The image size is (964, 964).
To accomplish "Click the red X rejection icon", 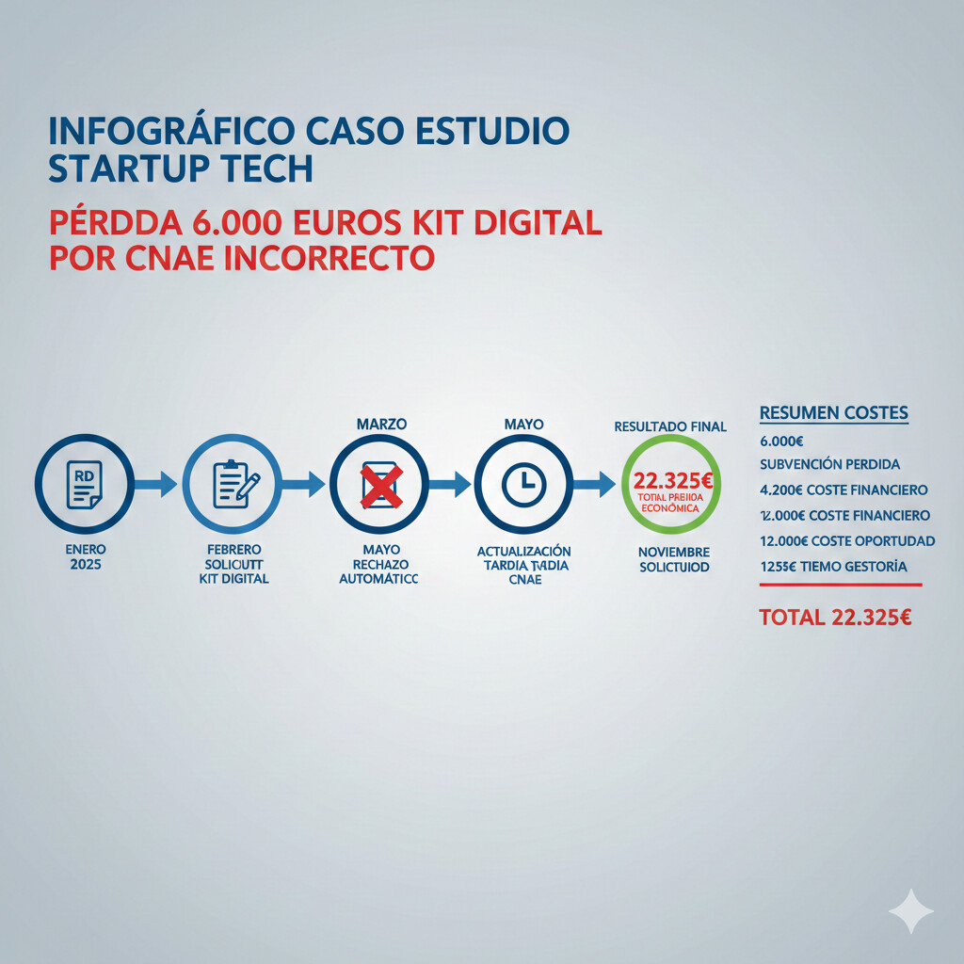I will pos(379,485).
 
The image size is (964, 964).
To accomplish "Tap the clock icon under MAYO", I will pos(522,485).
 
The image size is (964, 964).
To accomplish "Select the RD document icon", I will pos(83,485).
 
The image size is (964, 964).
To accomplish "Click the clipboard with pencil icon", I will pos(232,485).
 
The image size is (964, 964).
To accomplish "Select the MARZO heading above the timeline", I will pos(381,425).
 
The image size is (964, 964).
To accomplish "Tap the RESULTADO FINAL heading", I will pos(670,426).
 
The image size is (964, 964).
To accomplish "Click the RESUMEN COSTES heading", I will pos(833,412).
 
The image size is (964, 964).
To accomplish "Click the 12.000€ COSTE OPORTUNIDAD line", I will pos(846,540).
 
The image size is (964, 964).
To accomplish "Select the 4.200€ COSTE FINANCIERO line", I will pos(843,490).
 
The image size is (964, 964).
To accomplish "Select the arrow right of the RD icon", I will pos(154,485).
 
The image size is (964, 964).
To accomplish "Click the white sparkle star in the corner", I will pos(910,911).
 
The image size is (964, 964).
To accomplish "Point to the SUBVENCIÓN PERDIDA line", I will pos(829,464).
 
